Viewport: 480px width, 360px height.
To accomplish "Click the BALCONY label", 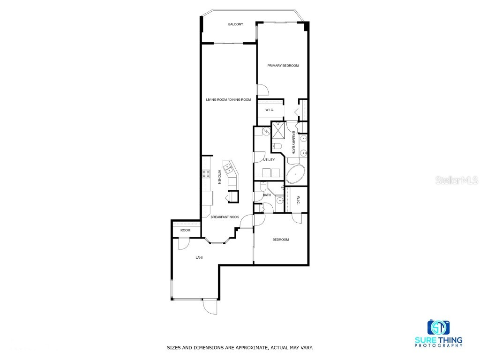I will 235,24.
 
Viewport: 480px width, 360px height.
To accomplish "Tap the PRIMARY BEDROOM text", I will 283,66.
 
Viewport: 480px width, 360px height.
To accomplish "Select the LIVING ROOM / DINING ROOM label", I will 228,99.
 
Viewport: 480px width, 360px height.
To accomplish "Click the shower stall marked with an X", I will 278,127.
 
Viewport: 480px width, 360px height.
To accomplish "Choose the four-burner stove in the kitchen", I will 205,174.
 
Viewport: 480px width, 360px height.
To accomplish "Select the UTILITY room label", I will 269,160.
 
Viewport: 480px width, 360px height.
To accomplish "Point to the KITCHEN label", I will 219,176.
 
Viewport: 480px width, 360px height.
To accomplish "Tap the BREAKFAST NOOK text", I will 225,217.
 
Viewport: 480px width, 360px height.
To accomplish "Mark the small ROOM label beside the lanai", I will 185,230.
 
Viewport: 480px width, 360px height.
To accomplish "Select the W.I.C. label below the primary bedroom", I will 269,110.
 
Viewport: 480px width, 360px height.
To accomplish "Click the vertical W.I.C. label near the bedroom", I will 298,200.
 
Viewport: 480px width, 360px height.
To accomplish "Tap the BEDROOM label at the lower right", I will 281,240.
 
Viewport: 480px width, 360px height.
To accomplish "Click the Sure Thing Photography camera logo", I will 438,327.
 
